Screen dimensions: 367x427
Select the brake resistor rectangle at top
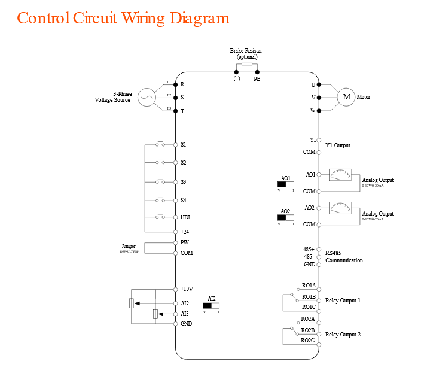(246, 63)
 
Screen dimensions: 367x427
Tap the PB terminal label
(257, 78)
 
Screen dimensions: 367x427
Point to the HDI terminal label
(185, 217)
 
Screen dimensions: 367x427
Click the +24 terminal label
(185, 232)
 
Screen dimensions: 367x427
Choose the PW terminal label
(184, 242)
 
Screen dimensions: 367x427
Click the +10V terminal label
(187, 289)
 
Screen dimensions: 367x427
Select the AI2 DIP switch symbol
(211, 305)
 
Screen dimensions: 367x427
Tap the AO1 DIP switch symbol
(286, 184)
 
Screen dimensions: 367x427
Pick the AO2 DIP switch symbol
(286, 218)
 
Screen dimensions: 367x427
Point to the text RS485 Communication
(344, 257)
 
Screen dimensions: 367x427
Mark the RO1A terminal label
(308, 286)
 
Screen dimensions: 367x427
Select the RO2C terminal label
(307, 341)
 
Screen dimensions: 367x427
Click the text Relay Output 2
(343, 335)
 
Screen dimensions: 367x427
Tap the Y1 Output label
(338, 145)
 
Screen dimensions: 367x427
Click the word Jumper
(129, 246)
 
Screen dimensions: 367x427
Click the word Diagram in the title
(199, 18)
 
